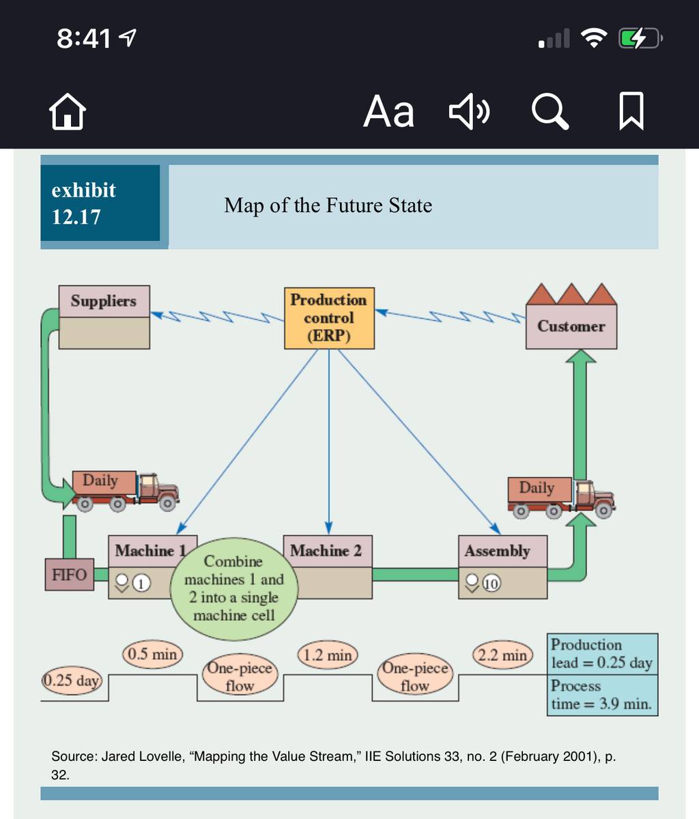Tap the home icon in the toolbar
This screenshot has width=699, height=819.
pos(68,112)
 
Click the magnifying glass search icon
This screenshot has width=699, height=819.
pos(550,112)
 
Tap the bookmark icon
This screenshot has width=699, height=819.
pos(631,111)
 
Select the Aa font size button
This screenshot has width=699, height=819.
pos(388,112)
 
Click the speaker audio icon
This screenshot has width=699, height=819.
pos(469,111)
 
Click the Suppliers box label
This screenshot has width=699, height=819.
pos(104,301)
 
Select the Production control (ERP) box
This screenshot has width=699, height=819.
pos(329,318)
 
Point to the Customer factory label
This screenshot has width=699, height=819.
pos(571,326)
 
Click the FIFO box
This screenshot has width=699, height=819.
pos(70,575)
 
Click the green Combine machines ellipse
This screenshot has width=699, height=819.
pos(234,589)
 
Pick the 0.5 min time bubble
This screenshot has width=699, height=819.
pos(152,654)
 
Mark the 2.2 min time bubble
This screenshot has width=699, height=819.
pos(502,655)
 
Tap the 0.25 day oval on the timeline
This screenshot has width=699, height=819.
pos(72,680)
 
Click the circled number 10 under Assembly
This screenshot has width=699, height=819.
pos(491,584)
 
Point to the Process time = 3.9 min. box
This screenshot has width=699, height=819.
pos(602,695)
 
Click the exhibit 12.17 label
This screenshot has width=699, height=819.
pos(100,203)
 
